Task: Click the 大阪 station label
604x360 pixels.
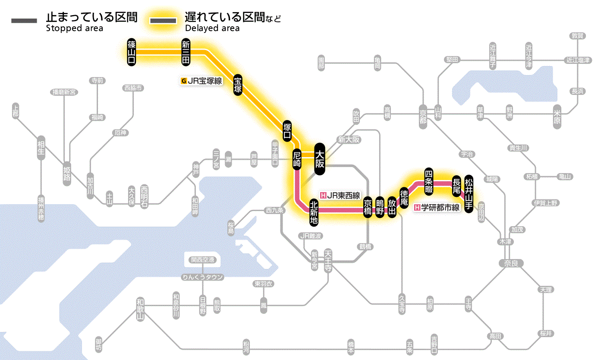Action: (319, 159)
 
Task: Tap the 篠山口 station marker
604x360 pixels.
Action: (132, 52)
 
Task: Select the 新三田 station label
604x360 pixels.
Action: (186, 52)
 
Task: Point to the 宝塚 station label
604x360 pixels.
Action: (238, 85)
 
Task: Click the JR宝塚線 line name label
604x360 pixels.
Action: (202, 80)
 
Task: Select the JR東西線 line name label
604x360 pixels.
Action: (340, 195)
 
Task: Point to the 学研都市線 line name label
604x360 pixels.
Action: (437, 208)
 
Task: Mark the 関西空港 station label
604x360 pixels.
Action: (202, 260)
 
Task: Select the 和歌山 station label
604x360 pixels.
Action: (140, 309)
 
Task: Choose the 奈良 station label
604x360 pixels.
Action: (511, 263)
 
